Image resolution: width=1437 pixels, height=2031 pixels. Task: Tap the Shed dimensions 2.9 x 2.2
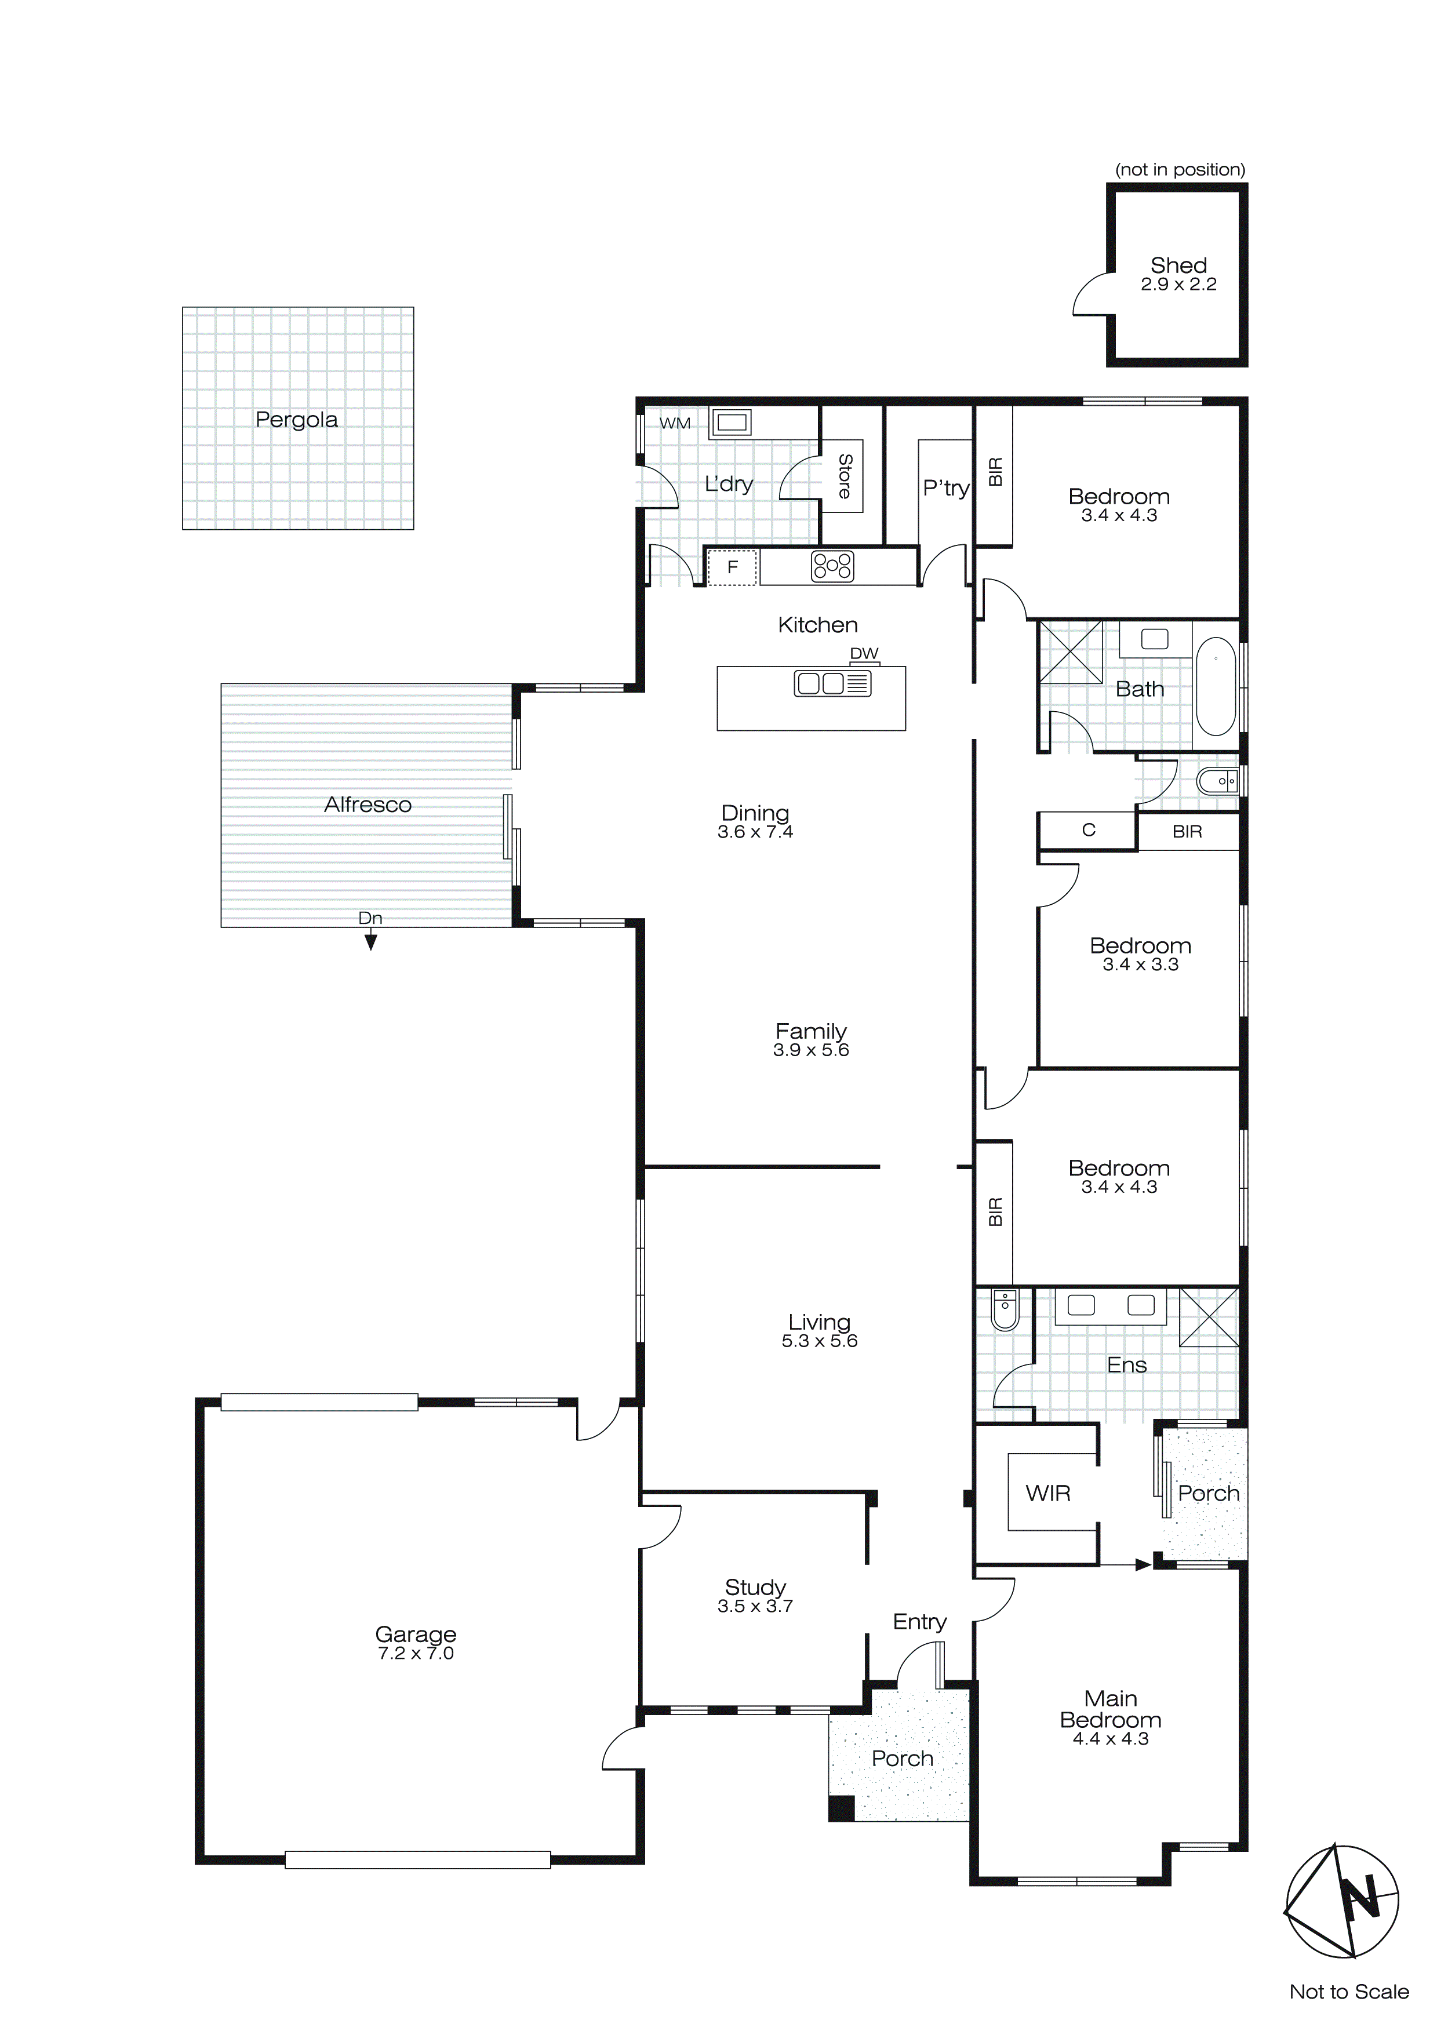1178,285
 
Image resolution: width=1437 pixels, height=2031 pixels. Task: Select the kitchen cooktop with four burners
832,566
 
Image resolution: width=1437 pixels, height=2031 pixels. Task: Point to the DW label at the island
864,654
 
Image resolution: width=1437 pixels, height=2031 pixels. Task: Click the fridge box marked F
733,567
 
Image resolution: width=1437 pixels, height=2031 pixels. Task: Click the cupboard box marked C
1089,830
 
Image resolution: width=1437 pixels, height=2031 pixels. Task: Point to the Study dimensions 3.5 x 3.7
755,1606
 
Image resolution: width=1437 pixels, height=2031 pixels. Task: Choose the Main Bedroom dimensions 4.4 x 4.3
1111,1738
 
